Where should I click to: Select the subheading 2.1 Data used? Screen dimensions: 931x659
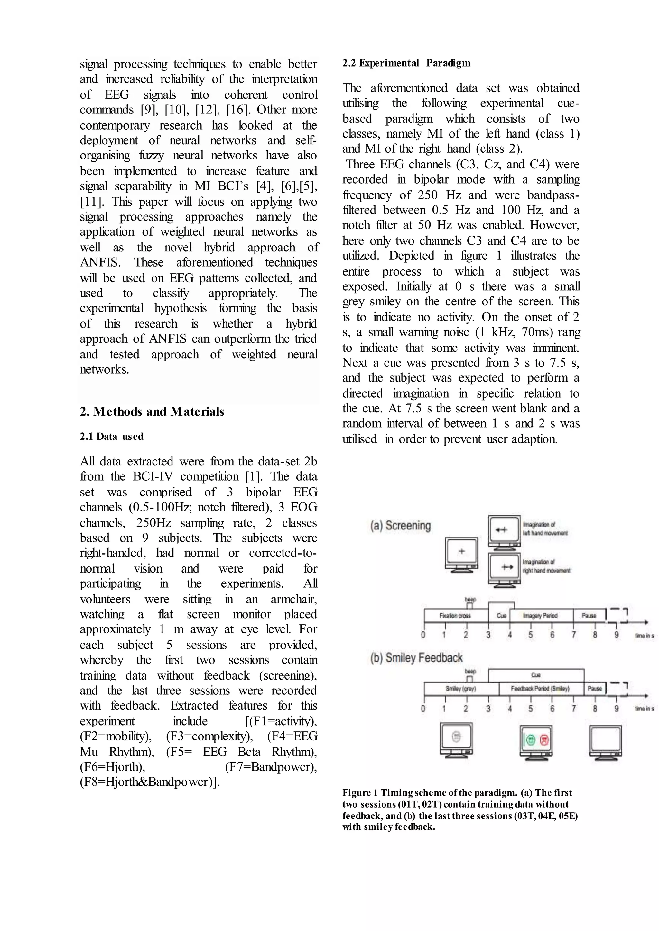pos(112,437)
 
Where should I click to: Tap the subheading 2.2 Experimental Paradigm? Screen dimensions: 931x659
pos(406,63)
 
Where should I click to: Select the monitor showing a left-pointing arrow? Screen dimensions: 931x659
pos(504,531)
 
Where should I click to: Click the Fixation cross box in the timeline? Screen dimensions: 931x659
pos(455,616)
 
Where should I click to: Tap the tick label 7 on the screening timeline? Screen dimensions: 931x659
pos(573,635)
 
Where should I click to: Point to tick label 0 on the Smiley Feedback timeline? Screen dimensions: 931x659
pos(423,709)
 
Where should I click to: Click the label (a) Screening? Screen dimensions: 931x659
pos(400,526)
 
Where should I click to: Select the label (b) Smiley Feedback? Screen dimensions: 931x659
pos(416,657)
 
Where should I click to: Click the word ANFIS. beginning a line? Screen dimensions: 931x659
pos(100,262)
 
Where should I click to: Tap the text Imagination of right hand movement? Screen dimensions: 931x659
pos(546,566)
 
